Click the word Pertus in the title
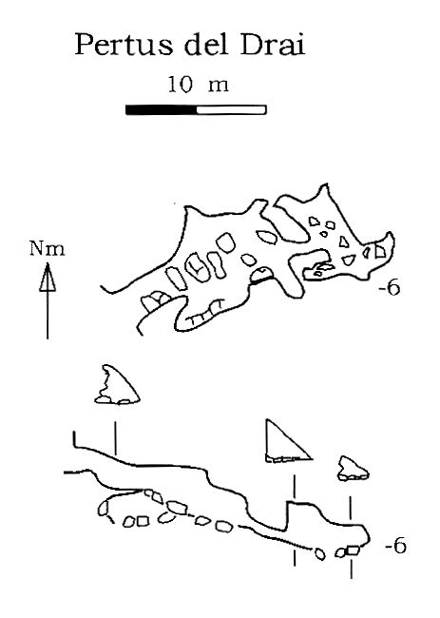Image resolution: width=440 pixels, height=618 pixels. (x=124, y=44)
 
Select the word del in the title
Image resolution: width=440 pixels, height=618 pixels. (x=206, y=44)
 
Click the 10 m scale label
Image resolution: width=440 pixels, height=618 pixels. (x=198, y=85)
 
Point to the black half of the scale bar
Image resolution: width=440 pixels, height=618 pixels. (x=162, y=109)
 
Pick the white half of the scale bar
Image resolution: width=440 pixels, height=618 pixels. (x=232, y=109)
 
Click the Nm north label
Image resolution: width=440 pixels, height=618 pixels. (x=48, y=249)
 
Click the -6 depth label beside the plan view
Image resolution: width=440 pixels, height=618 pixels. (x=390, y=288)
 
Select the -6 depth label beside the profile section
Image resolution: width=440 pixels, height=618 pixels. (x=395, y=547)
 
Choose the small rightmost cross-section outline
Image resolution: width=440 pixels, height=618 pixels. (x=353, y=468)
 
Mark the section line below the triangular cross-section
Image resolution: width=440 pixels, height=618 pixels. (x=294, y=486)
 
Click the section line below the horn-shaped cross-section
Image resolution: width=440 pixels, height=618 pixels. (x=115, y=438)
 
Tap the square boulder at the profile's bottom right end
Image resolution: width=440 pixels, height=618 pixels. (x=353, y=550)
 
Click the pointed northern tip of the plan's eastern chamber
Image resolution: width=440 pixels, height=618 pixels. (x=325, y=184)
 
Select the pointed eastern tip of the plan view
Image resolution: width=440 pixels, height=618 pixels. (x=392, y=233)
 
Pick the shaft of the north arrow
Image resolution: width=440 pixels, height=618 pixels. (x=48, y=315)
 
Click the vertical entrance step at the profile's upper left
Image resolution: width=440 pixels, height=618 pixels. (x=74, y=439)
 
